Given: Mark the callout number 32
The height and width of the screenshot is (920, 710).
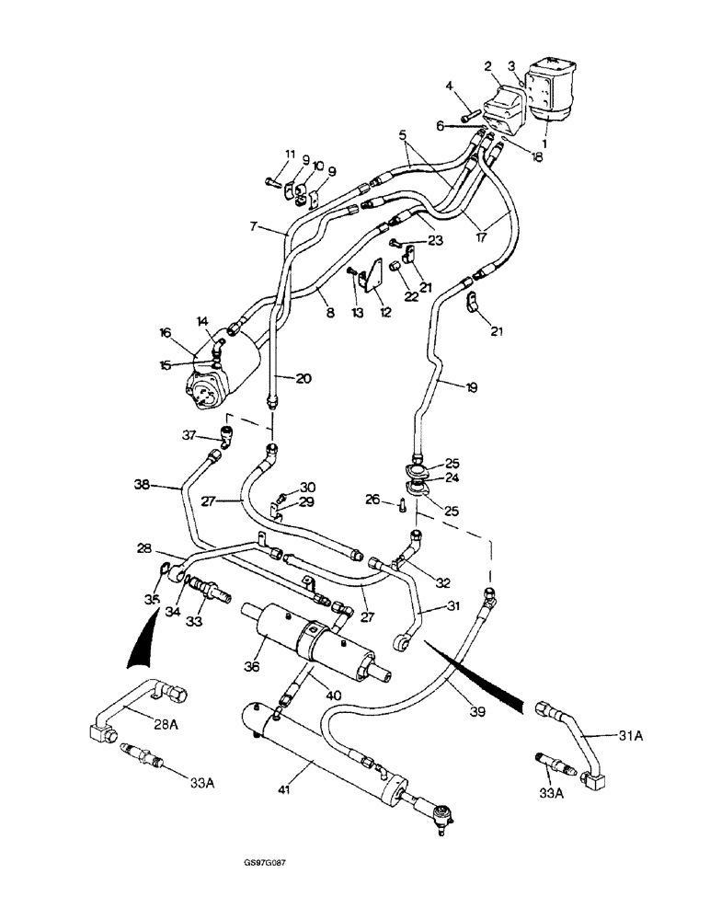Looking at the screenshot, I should [443, 581].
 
